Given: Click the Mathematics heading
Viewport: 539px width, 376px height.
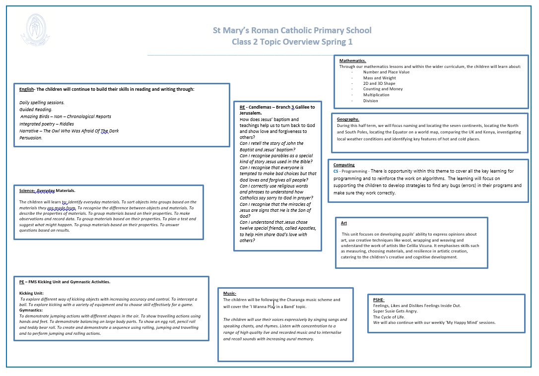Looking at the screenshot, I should pyautogui.click(x=352, y=61).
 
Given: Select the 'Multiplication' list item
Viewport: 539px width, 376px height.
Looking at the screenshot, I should pyautogui.click(x=376, y=95).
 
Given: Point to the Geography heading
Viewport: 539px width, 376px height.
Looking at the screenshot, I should pyautogui.click(x=348, y=119).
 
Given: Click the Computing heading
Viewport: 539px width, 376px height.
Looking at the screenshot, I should pyautogui.click(x=344, y=165).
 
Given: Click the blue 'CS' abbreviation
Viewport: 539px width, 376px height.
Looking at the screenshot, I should pyautogui.click(x=336, y=171).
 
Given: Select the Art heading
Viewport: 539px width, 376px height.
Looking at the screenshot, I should pyautogui.click(x=344, y=223).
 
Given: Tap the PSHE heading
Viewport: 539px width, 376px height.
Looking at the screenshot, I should pyautogui.click(x=379, y=300).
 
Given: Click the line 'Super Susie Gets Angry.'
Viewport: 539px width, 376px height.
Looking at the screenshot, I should pyautogui.click(x=396, y=311).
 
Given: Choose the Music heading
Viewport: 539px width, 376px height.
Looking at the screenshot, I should pyautogui.click(x=229, y=293).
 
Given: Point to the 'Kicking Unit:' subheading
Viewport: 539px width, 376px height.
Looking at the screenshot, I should pyautogui.click(x=32, y=293).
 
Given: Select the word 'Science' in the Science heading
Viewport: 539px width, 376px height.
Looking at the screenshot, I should pyautogui.click(x=27, y=190).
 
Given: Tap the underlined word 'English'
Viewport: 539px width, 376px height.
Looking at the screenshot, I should pyautogui.click(x=26, y=89).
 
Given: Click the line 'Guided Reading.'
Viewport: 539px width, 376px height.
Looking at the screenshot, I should pyautogui.click(x=36, y=109).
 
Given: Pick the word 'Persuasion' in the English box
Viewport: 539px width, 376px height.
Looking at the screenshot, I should pyautogui.click(x=31, y=138).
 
